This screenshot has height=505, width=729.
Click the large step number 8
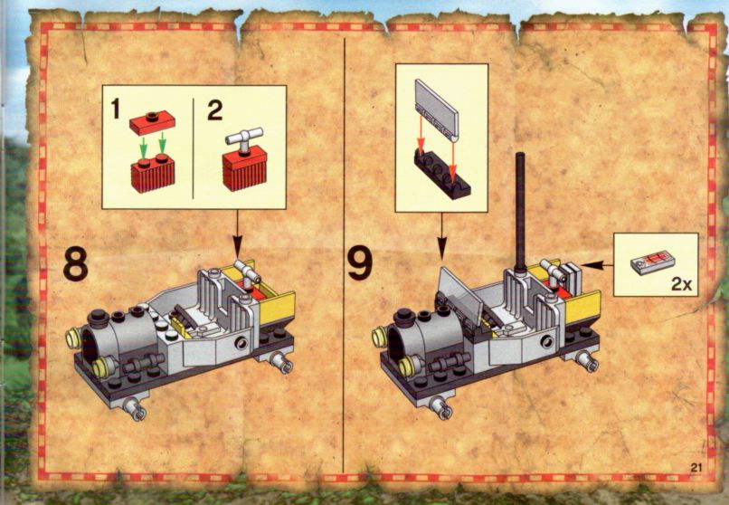point(76,263)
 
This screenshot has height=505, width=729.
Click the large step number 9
point(360,263)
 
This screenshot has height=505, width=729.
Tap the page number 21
point(696,467)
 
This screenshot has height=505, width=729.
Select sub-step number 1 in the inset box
point(115,110)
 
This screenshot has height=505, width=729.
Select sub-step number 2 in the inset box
point(214,110)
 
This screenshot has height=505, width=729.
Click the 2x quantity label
point(682,283)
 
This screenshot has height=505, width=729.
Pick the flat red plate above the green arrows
point(152,122)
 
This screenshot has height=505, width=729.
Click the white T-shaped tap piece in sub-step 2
point(244,140)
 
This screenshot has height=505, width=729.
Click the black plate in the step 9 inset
point(441,176)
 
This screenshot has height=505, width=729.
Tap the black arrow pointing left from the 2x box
point(597,265)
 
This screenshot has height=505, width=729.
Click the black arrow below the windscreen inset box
point(441,236)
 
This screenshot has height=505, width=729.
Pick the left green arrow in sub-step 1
point(144,147)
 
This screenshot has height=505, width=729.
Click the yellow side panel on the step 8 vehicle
point(278,308)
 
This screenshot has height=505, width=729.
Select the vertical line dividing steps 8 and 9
point(344,255)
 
